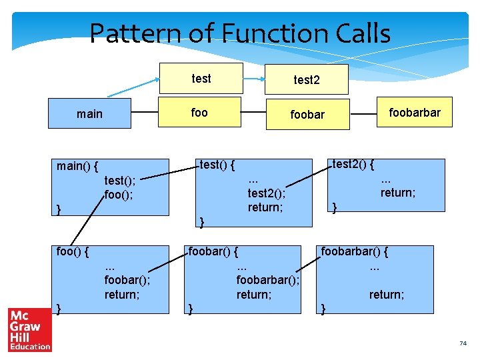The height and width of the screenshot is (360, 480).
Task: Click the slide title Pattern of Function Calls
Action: [x=239, y=33]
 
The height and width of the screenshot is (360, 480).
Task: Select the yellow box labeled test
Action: [x=200, y=79]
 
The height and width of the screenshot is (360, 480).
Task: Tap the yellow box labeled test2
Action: [x=307, y=79]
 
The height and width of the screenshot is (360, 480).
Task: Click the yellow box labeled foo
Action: [x=199, y=113]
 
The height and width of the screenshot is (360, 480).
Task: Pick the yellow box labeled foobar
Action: [x=307, y=115]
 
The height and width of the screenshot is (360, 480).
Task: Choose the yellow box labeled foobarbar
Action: [x=414, y=113]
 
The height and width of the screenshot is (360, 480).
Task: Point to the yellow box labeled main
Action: [x=89, y=114]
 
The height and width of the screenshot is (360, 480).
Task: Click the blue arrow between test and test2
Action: [x=253, y=79]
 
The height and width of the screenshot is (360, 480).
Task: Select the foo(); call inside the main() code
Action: [x=119, y=195]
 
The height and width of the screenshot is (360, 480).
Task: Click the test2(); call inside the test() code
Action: [x=266, y=193]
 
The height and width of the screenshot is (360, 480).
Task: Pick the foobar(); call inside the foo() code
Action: [x=127, y=279]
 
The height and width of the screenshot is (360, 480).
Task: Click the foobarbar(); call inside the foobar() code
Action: [x=267, y=279]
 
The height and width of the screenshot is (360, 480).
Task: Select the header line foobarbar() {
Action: [x=354, y=251]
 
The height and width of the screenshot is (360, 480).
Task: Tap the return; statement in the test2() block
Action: [x=398, y=193]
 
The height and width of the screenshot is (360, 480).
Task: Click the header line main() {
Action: [x=78, y=165]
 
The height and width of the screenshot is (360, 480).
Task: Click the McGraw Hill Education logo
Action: [x=29, y=329]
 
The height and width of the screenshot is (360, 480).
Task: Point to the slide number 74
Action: [x=463, y=343]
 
